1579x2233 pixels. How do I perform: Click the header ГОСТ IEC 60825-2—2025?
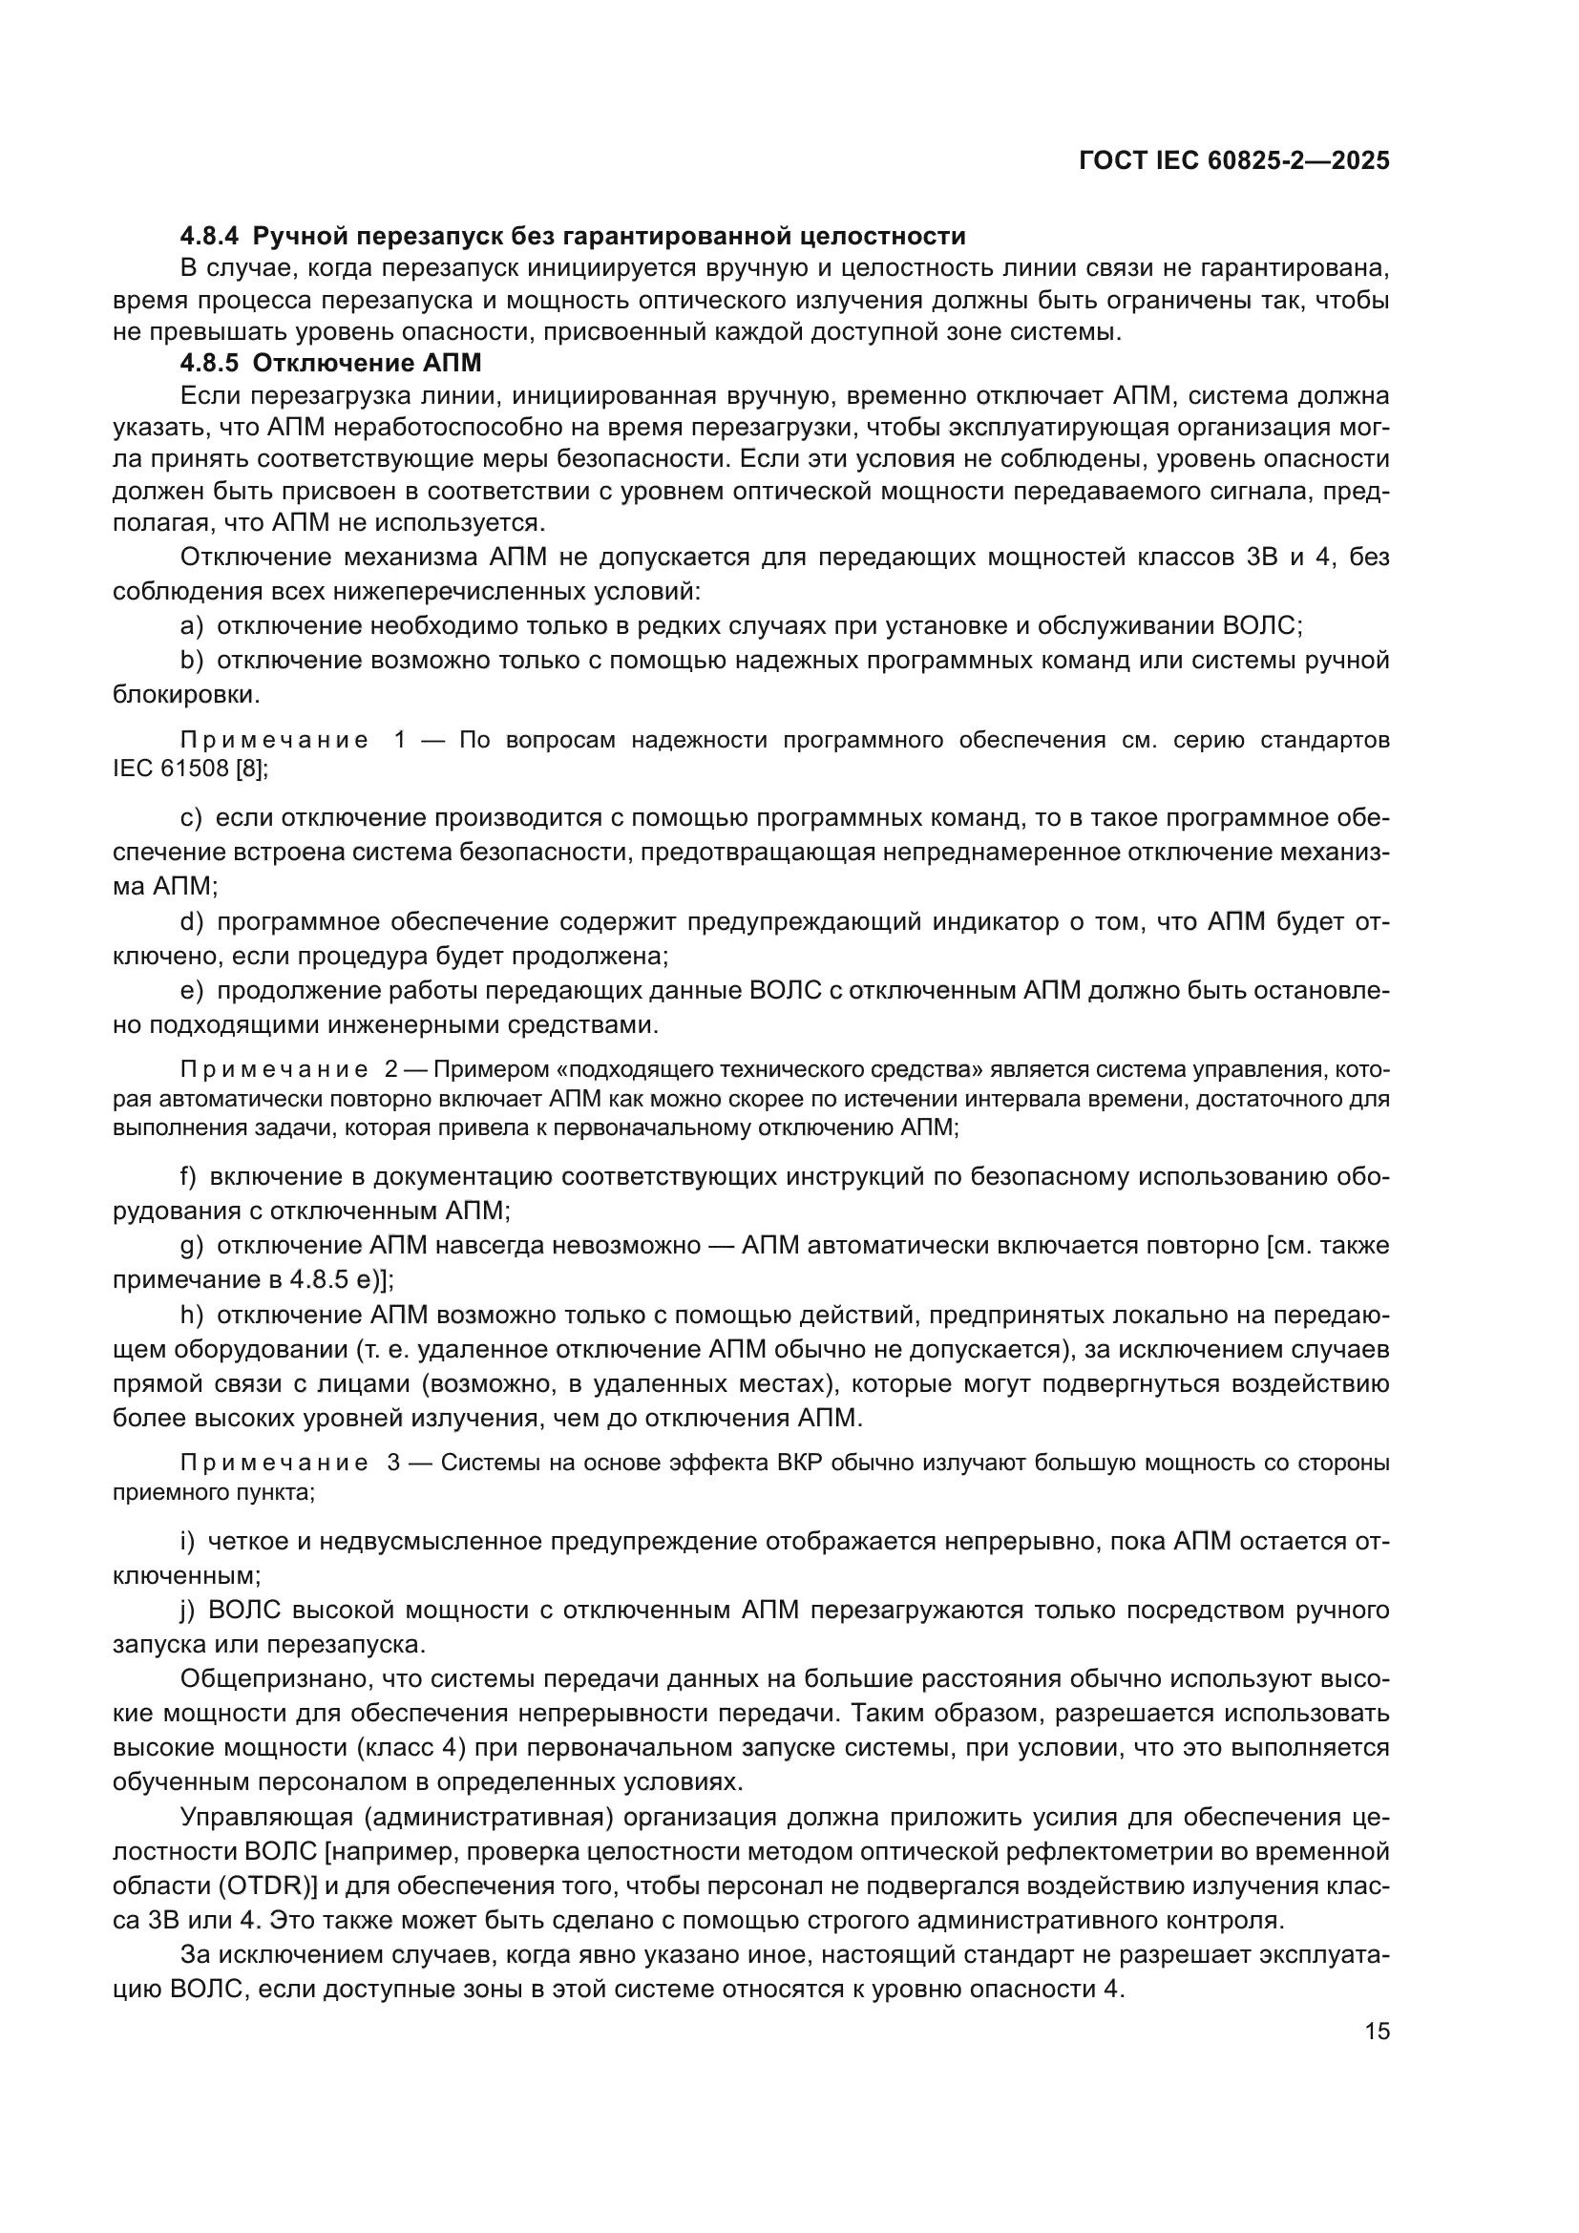(1233, 160)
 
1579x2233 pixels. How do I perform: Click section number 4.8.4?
(209, 237)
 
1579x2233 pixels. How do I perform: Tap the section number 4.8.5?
(209, 364)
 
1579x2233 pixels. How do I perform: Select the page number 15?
(1377, 2032)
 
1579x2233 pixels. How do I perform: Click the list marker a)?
(192, 625)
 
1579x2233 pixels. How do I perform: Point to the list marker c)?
(191, 818)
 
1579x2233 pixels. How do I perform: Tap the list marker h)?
(192, 1315)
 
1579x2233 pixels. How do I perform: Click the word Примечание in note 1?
(274, 740)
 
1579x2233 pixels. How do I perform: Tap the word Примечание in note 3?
(274, 1463)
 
